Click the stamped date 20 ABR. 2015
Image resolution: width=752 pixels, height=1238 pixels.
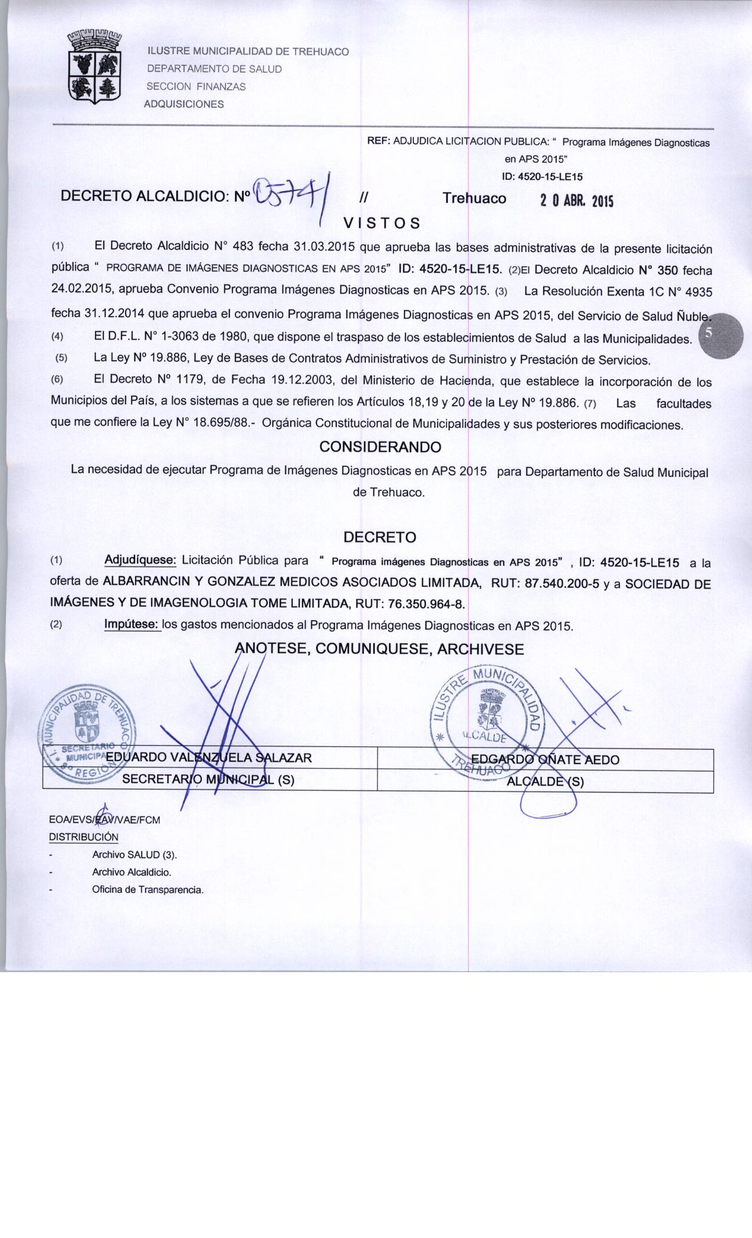(x=576, y=200)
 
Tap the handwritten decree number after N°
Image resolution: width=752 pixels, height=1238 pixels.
(x=290, y=193)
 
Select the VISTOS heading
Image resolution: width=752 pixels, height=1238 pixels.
(x=382, y=223)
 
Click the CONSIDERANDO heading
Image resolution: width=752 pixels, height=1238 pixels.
(x=380, y=447)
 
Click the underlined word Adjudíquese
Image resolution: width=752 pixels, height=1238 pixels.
(x=140, y=559)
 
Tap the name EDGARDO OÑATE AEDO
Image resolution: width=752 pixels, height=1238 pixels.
(x=546, y=760)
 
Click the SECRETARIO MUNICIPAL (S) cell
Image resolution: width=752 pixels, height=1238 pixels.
(x=208, y=779)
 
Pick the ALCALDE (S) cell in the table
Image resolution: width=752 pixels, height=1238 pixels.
(x=545, y=782)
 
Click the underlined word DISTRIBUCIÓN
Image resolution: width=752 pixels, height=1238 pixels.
(x=83, y=837)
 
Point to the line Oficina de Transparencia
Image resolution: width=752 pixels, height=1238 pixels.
(x=147, y=890)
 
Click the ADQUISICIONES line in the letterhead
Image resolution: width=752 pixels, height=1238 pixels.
(x=184, y=104)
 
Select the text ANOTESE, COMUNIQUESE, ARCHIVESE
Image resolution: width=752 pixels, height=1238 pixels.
(x=379, y=649)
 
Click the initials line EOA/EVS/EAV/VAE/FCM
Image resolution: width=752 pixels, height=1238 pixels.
(x=104, y=819)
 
